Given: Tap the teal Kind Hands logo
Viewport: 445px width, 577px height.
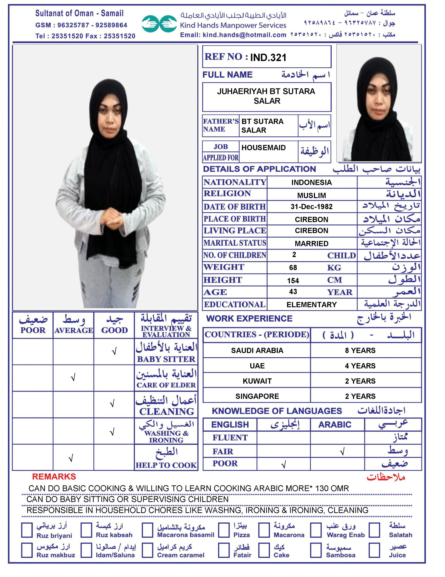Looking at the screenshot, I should tap(159, 24).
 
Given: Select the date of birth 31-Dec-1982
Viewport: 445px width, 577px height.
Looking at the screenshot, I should tap(312, 207).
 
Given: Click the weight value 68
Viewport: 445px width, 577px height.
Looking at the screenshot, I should tap(293, 268).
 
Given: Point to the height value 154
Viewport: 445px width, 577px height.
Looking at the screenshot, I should tap(293, 281).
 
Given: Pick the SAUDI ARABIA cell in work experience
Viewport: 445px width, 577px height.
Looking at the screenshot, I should tap(257, 350).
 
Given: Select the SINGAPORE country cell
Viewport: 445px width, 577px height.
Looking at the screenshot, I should tap(257, 396).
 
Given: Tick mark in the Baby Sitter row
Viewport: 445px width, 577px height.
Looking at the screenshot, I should tap(114, 351).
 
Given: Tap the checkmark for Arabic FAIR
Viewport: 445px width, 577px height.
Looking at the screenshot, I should tap(342, 452).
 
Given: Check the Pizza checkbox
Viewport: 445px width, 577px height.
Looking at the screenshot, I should tap(224, 530).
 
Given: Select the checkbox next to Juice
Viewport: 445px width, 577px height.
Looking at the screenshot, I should tap(374, 550).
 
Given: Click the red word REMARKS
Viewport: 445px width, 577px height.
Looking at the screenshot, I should tap(54, 477).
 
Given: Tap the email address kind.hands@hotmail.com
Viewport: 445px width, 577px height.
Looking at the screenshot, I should tap(244, 35).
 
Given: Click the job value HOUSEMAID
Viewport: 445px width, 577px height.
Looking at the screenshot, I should tap(263, 148).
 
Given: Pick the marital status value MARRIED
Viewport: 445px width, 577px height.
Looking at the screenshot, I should tap(312, 243).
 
